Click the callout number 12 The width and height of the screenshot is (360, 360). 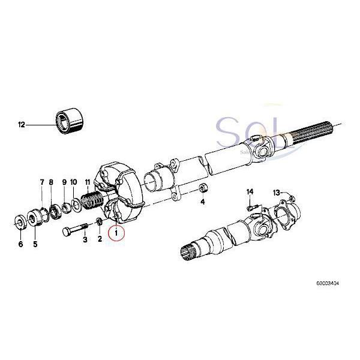point(22,125)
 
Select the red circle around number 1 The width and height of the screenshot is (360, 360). point(116,231)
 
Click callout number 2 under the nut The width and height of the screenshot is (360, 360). point(100,239)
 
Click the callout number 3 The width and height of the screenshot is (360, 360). point(85,239)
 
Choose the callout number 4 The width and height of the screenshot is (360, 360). point(202,202)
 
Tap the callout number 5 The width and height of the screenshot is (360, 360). point(35,244)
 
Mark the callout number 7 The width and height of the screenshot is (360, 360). point(42,182)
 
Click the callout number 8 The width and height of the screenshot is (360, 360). point(52,182)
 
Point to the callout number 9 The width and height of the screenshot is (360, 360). point(64,182)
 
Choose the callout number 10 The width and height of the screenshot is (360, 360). point(74,182)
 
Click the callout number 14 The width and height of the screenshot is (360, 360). point(250,191)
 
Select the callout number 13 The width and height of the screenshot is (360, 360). point(277,192)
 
